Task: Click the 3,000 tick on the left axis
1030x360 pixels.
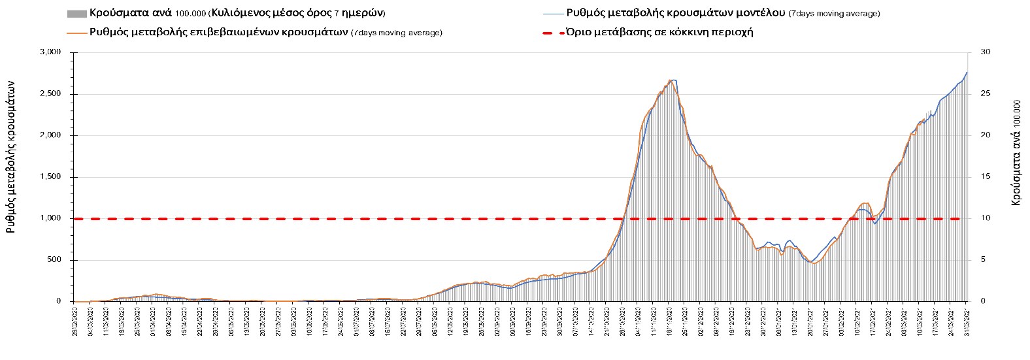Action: coord(52,52)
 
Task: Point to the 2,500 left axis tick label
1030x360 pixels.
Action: coord(52,94)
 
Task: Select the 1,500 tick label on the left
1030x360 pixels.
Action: coord(52,177)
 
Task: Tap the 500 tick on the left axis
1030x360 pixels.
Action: coord(55,260)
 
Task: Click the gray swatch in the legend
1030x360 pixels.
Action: coord(76,13)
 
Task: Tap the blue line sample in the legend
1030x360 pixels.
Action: coord(552,13)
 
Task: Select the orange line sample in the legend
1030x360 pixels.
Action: coord(76,32)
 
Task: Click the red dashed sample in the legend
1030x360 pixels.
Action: coord(552,32)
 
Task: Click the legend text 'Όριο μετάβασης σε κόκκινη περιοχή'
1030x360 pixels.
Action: coord(660,32)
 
